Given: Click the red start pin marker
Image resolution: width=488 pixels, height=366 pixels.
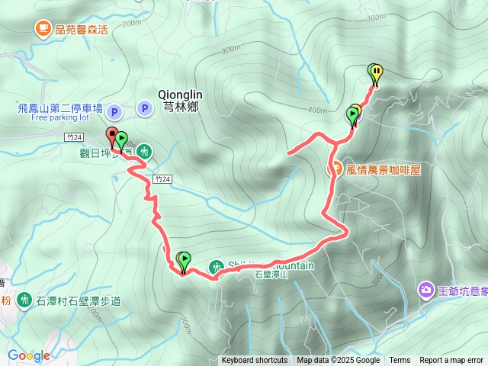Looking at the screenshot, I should click(x=112, y=136).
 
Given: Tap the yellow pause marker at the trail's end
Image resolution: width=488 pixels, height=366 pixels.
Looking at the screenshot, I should click(x=377, y=73).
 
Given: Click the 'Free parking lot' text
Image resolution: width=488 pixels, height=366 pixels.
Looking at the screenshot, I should click(x=60, y=118).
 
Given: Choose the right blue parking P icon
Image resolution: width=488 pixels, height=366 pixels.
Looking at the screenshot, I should click(x=145, y=109).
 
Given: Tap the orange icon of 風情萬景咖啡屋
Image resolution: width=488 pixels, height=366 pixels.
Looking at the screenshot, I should click(x=334, y=169).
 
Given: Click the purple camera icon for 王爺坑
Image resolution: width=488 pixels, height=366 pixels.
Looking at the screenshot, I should click(x=425, y=290).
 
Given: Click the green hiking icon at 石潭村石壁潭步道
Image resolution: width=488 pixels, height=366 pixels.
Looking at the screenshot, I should click(x=24, y=300).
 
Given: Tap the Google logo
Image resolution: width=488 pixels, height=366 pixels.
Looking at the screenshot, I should click(x=28, y=355).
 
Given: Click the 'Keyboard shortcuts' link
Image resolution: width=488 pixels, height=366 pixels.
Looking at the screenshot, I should click(x=255, y=361).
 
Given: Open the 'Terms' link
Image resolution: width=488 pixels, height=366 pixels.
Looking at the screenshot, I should click(x=400, y=361).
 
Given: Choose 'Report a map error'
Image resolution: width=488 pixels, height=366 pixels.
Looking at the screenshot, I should click(x=452, y=361).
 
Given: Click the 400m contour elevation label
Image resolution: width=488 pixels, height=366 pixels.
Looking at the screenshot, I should click(x=316, y=111).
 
